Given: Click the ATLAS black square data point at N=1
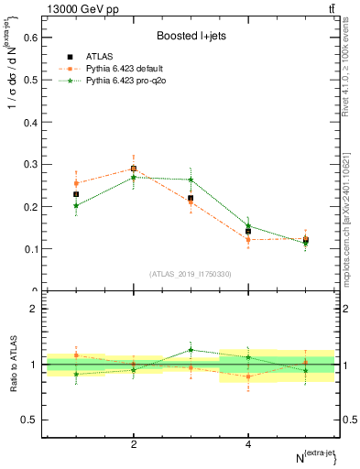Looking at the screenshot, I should point(76,194).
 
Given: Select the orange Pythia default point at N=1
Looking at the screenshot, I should point(76,183).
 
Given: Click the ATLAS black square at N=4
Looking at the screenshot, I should point(248,232).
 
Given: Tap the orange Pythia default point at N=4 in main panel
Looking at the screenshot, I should point(248,240).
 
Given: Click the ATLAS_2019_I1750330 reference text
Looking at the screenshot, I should point(190,274).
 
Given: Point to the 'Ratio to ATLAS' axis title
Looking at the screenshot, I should point(15,365).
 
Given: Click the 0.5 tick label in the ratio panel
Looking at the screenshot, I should point(30,420).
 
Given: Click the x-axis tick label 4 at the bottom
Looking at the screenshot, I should point(248,444).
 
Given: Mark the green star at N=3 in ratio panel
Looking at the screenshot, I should point(191,349).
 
